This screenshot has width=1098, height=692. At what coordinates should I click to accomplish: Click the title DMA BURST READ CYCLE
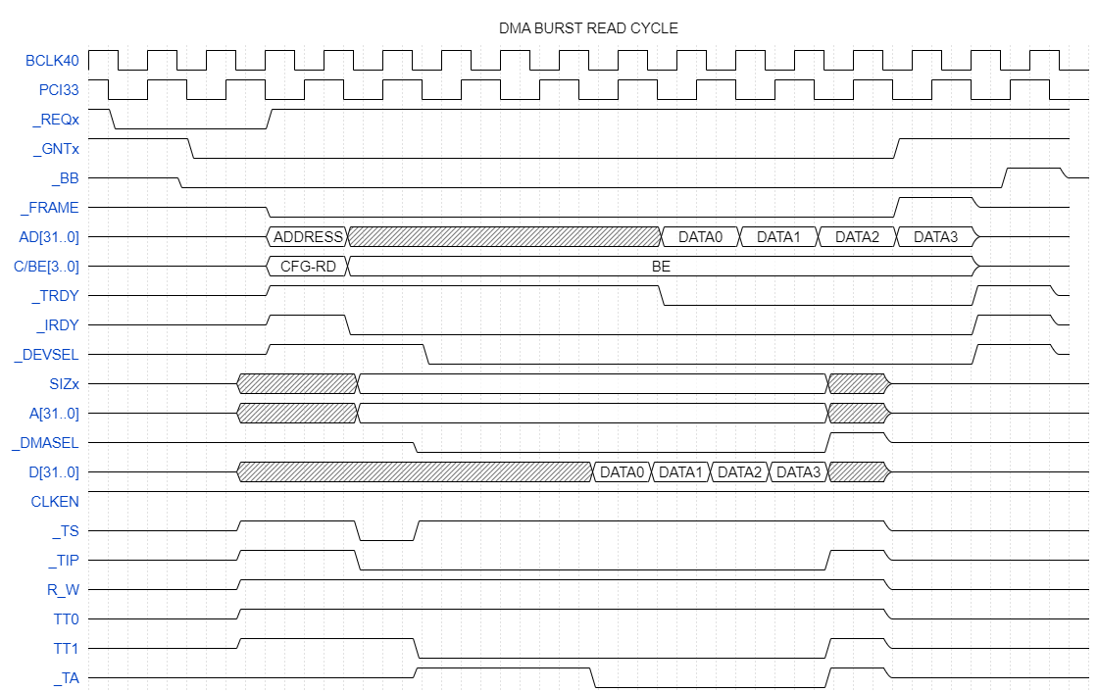coord(588,28)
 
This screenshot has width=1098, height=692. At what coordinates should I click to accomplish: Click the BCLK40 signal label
coord(52,61)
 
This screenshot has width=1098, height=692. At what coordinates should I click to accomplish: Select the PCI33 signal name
coord(58,90)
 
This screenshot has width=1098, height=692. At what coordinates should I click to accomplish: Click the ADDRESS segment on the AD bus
coord(308,237)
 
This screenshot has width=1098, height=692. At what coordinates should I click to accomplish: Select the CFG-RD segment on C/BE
coord(308,267)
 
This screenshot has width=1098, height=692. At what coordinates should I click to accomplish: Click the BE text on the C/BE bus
coord(661,267)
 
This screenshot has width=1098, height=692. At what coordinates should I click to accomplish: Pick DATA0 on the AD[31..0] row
coord(700,237)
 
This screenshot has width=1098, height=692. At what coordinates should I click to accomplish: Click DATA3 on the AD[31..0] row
coord(935,237)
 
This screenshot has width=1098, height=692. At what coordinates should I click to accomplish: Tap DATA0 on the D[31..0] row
coord(622,472)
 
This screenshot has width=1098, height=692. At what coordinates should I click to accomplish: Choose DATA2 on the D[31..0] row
coord(739,472)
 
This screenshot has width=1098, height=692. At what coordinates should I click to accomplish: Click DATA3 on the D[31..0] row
coord(798,472)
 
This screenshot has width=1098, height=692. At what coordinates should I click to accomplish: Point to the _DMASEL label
coord(46,443)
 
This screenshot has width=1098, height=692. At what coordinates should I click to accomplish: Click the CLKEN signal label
coord(55,502)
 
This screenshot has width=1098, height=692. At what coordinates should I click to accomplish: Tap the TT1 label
coord(65,649)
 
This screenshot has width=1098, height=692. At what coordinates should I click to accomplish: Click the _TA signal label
coord(66,678)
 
